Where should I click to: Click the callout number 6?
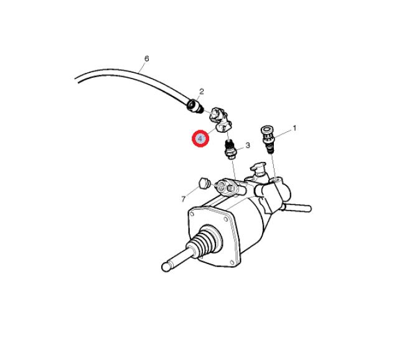point(146,59)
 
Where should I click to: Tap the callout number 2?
point(202,92)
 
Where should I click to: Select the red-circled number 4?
point(200,138)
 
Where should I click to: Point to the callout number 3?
point(248,145)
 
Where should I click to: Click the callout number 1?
point(294,128)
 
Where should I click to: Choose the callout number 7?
point(183,199)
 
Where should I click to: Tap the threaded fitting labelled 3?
point(229,149)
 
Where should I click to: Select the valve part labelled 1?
point(268,139)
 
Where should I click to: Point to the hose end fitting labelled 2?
point(195,106)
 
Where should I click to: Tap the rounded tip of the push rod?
point(166,267)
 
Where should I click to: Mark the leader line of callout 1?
point(283,134)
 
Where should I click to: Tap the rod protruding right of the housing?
point(296,207)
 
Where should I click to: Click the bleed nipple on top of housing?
point(258,169)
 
